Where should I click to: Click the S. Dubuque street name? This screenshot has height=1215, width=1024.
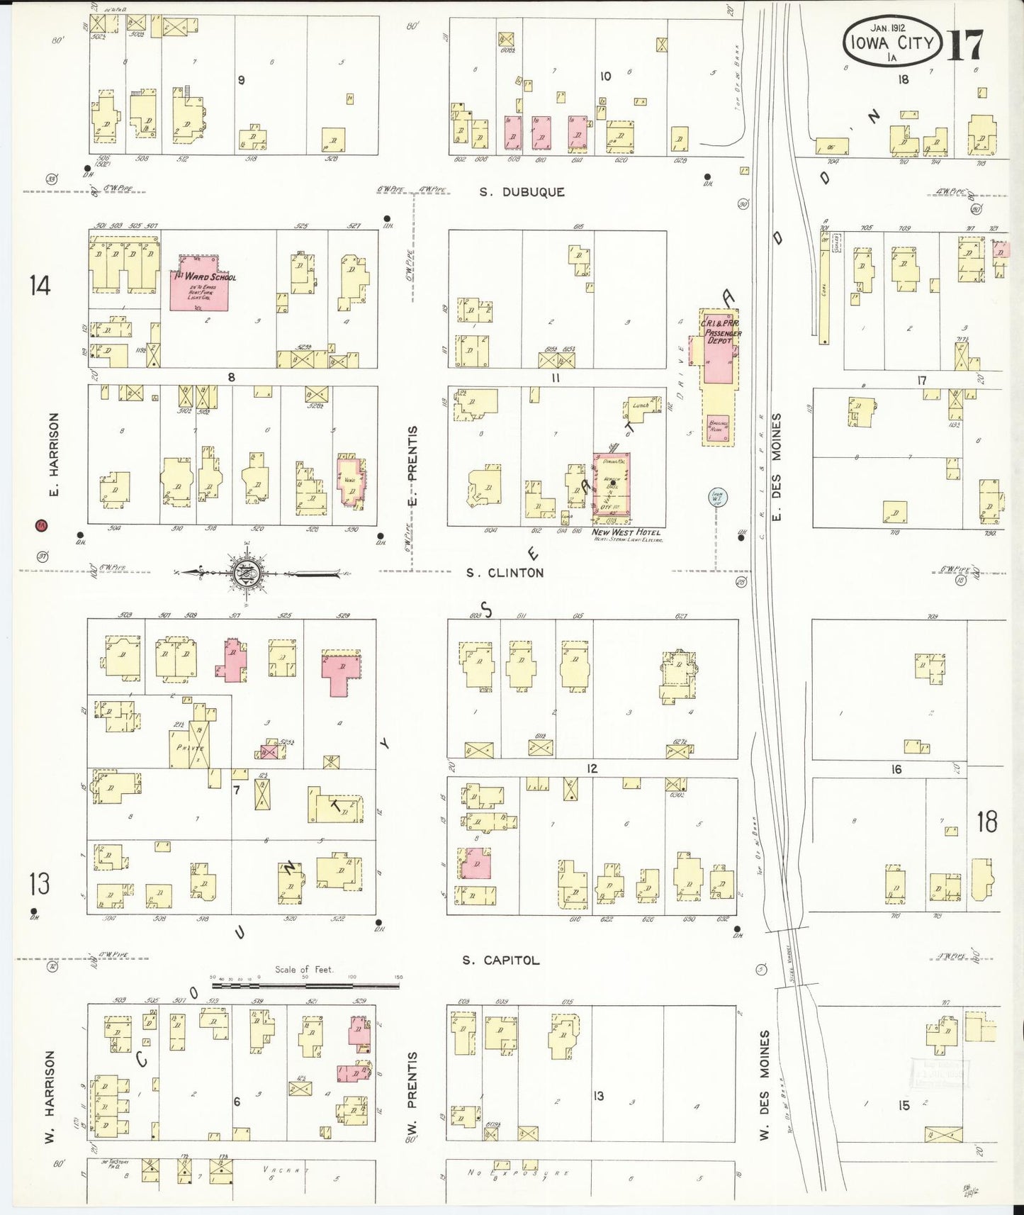click(522, 192)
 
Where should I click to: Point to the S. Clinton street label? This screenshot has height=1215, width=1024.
click(505, 573)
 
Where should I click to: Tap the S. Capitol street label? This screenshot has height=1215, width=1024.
click(500, 961)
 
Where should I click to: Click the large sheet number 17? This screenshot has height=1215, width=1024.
click(966, 45)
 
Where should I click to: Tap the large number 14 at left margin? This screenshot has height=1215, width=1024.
click(40, 286)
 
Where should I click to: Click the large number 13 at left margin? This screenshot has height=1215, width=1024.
click(39, 884)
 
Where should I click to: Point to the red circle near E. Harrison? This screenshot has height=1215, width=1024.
click(41, 525)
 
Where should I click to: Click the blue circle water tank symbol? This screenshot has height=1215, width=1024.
click(716, 498)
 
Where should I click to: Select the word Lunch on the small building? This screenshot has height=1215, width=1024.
click(641, 405)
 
